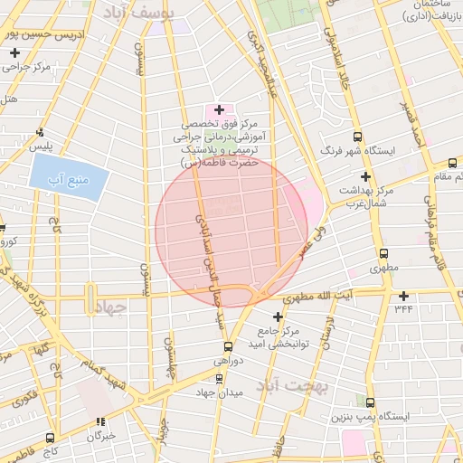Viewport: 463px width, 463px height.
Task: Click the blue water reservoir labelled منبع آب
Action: (70, 170)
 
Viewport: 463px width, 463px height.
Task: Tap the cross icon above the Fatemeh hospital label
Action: (219, 109)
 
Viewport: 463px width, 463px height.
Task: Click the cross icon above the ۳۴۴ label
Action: (403, 296)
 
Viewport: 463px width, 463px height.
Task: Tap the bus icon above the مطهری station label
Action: (383, 254)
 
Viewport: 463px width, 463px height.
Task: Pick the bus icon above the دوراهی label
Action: (227, 346)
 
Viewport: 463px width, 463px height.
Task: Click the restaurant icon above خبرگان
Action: (101, 421)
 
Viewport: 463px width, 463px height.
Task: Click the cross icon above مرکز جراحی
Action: (15, 53)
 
